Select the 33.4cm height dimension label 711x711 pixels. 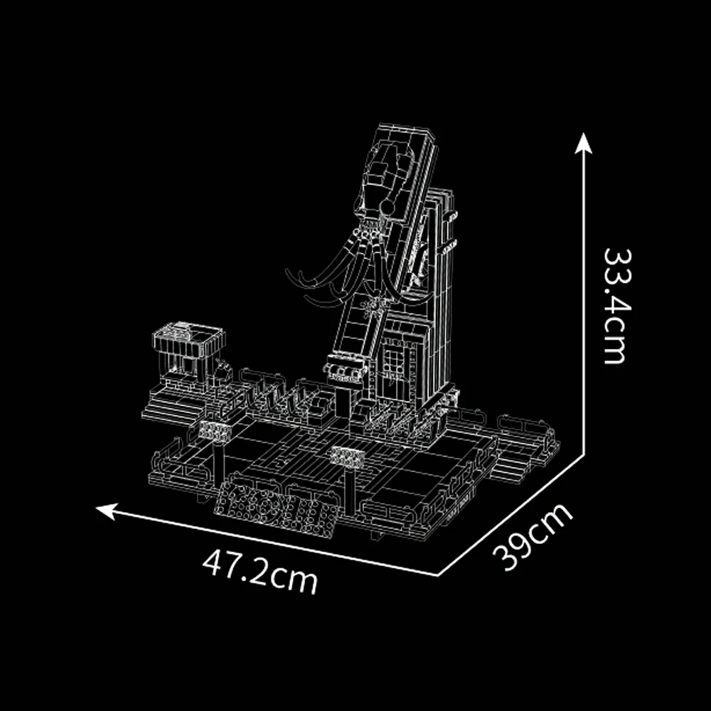tap(617, 306)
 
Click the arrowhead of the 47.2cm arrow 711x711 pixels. tap(107, 510)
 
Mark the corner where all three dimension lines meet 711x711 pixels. tap(438, 575)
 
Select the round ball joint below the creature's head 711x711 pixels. tap(387, 208)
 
